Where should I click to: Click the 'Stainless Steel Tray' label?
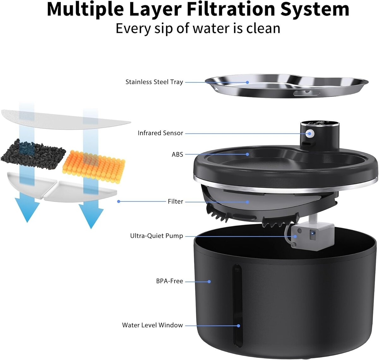click(x=154, y=82)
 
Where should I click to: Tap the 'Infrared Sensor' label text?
click(x=160, y=133)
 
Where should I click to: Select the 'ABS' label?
click(x=177, y=154)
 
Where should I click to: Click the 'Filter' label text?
click(x=175, y=201)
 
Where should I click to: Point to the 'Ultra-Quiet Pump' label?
click(x=157, y=236)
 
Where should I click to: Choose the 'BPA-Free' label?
click(x=170, y=281)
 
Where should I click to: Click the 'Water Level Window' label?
click(x=152, y=325)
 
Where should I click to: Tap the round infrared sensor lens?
click(x=310, y=134)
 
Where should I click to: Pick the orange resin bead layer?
click(x=94, y=166)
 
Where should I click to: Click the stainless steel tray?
click(x=286, y=86)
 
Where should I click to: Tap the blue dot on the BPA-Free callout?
click(x=209, y=281)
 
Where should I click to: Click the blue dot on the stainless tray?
click(x=247, y=82)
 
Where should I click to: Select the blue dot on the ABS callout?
click(x=247, y=154)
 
